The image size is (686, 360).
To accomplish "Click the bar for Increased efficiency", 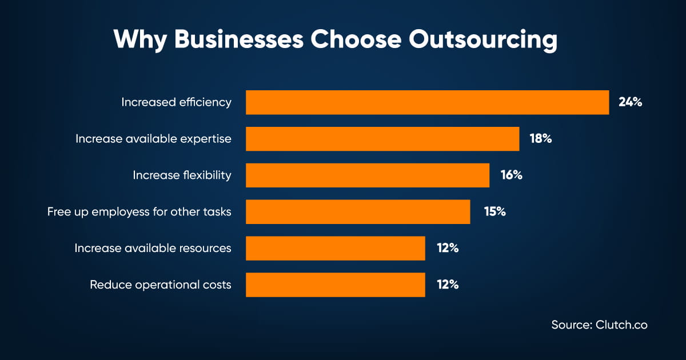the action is coord(427,102).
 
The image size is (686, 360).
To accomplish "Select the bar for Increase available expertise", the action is coord(382,139).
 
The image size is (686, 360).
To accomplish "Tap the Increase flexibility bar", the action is coord(368,175).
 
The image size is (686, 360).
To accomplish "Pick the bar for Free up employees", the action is coord(358,211).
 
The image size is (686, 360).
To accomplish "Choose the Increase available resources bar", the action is coord(336,248).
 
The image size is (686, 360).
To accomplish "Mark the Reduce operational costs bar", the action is coord(336,285).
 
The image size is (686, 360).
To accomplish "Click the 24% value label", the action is coord(630,102).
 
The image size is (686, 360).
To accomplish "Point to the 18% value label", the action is coord(541,139).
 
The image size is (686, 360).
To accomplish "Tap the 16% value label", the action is coord(512,175).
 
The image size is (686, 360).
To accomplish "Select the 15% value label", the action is coord(495,211).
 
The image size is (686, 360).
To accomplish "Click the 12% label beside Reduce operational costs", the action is coord(448,285).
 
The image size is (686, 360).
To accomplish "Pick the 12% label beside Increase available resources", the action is coord(448,248).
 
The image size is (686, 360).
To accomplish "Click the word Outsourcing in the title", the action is coord(483,40).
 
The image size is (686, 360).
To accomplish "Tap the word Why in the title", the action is coord(140,40).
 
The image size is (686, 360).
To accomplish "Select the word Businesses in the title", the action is coord(239,39).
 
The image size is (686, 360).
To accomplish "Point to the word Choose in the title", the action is coord(356,39).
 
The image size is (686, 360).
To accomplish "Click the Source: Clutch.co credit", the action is coord(599,325).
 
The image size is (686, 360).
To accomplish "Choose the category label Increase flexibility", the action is coord(182,175).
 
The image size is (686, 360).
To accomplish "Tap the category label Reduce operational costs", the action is coord(161,285).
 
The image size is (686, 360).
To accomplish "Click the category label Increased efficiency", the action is coord(176,102).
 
